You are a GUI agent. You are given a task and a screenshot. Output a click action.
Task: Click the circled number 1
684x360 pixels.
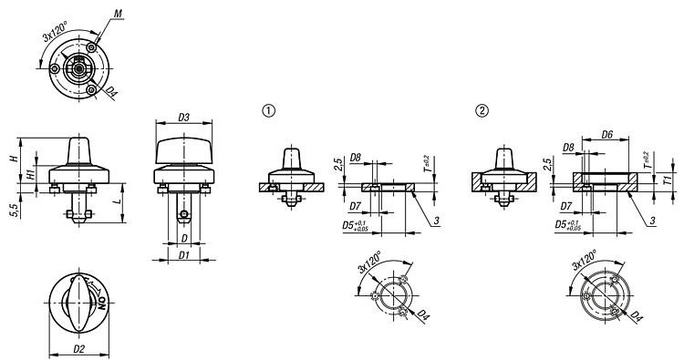coord(269,111)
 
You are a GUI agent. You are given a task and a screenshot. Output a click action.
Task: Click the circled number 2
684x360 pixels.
coord(482,111)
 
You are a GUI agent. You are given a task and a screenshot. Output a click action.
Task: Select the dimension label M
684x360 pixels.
coord(118,14)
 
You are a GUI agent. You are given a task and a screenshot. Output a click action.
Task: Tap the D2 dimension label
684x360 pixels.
coord(79,349)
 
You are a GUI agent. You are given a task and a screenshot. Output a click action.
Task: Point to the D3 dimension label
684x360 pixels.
coord(183,118)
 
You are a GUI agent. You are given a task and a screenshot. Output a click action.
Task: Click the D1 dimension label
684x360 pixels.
coord(184,255)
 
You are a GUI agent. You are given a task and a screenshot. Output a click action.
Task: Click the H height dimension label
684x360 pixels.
coord(14,159)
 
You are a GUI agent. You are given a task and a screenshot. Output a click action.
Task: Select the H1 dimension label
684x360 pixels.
coord(31,175)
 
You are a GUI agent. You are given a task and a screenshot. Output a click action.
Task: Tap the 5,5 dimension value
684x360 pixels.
coord(16,211)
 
